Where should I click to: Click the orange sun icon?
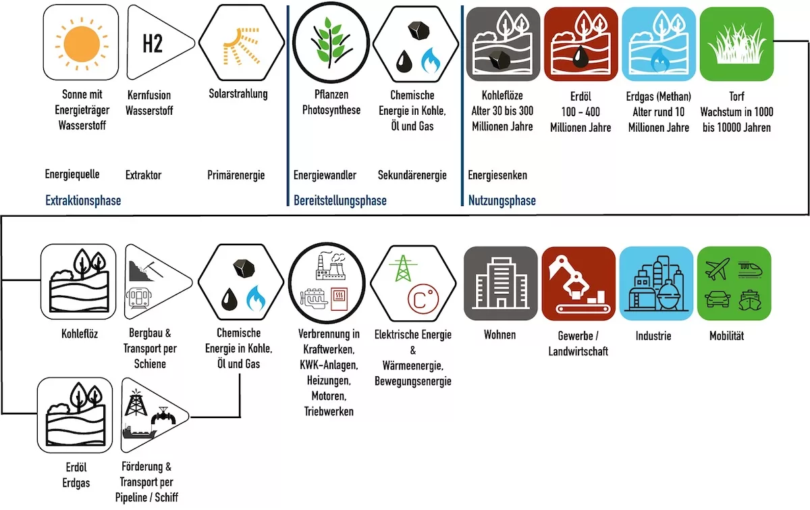(82, 43)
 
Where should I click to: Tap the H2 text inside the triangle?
(153, 43)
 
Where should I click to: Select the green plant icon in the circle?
(331, 43)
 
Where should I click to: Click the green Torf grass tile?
(736, 44)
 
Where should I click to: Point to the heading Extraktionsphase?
(83, 200)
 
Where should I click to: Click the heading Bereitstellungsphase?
(340, 200)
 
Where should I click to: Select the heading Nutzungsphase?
(502, 200)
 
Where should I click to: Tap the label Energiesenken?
(497, 175)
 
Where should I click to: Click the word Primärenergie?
(236, 175)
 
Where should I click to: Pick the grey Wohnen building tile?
(500, 284)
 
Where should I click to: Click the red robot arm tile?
(578, 284)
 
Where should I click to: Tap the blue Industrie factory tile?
(656, 284)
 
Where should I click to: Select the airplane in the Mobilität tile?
(718, 269)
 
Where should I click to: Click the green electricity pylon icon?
(403, 268)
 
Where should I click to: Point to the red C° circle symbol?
(423, 299)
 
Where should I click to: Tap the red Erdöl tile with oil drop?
(580, 44)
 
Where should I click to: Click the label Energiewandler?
(325, 175)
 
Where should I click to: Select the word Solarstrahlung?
(238, 94)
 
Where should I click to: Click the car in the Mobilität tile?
(718, 299)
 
